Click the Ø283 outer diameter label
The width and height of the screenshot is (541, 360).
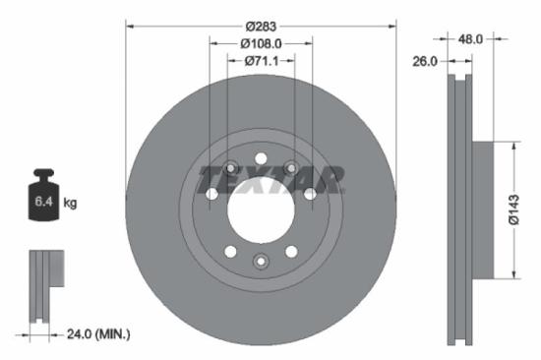tap(261, 24)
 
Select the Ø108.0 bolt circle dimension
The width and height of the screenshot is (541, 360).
tap(261, 42)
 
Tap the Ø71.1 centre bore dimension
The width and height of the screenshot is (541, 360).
tap(261, 61)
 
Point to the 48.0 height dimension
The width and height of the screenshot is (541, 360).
tap(471, 40)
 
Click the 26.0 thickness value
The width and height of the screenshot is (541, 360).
tap(425, 61)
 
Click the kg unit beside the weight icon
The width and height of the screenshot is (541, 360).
tap(70, 204)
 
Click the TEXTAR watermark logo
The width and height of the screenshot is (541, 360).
tap(271, 179)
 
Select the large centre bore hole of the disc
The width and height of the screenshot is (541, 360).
tap(261, 210)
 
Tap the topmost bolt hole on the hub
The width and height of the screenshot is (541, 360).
tap(261, 158)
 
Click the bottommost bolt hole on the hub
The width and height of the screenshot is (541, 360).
tap(261, 261)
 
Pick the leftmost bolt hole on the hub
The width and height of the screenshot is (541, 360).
tap(210, 195)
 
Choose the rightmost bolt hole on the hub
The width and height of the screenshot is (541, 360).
tap(311, 195)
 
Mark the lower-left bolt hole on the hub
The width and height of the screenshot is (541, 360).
tap(230, 252)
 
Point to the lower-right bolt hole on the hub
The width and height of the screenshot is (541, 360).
tap(291, 252)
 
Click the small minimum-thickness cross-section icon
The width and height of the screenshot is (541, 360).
tap(43, 285)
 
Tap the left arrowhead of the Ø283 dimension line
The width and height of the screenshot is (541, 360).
tap(129, 24)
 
